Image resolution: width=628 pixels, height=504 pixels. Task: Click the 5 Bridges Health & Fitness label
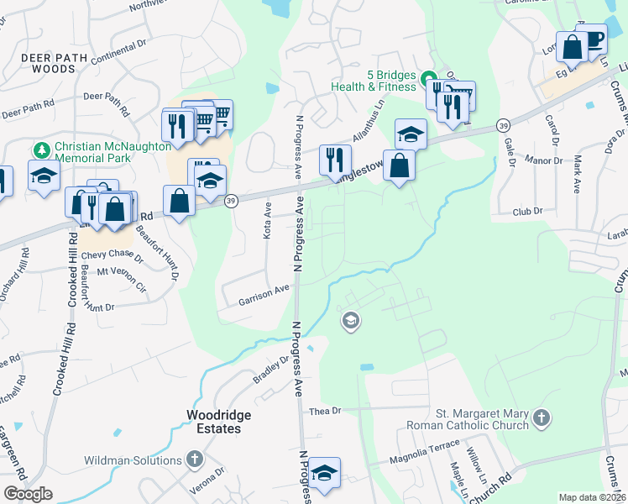(391, 80)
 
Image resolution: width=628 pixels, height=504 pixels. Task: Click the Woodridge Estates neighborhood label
(214, 422)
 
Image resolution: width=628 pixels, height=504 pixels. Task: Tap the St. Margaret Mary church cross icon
(542, 417)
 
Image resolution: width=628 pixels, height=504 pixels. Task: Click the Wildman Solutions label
(133, 460)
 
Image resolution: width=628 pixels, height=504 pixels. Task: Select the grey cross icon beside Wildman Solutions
(195, 459)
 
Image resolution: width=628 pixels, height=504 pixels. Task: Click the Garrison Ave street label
(264, 294)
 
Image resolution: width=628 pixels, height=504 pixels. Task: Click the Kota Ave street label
(267, 219)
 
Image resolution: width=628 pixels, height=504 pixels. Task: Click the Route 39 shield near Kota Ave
(230, 200)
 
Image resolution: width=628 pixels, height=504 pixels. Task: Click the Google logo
(28, 493)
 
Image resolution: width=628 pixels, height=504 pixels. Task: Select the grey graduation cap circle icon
(350, 320)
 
